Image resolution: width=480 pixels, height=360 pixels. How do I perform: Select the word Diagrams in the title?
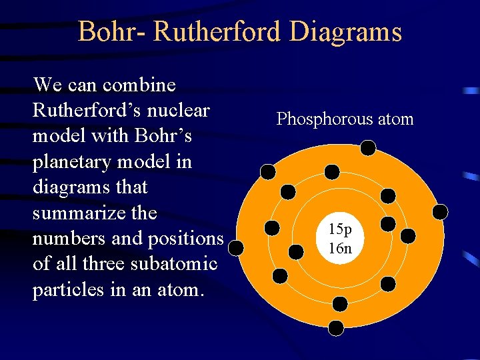point(346,32)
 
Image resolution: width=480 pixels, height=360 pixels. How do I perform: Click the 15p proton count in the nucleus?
point(340,230)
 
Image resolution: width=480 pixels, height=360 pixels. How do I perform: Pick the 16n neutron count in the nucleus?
point(340,249)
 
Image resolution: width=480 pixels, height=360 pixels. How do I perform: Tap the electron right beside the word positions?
point(236,249)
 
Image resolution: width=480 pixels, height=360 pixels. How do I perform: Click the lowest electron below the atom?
point(337,327)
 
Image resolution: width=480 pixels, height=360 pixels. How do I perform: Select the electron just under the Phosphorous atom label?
point(368,147)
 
